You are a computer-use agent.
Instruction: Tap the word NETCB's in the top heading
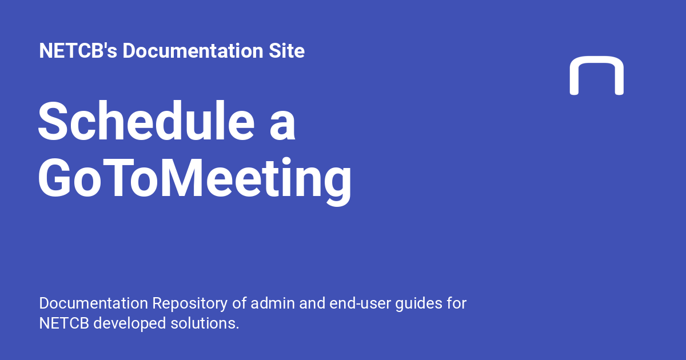pos(78,51)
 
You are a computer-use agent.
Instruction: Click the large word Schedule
pos(146,122)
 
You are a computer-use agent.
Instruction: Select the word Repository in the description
pos(188,303)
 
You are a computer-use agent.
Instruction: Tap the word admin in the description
pos(279,303)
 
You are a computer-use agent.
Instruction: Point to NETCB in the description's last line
pos(63,323)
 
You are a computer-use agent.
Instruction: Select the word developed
pos(129,323)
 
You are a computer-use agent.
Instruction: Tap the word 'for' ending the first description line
pos(457,303)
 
